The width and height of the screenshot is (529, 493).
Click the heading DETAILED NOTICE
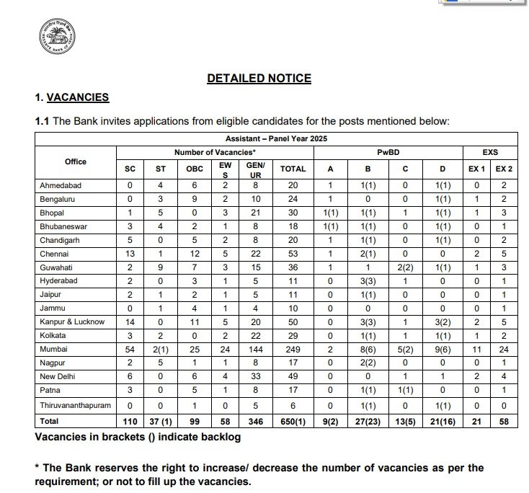[259, 79]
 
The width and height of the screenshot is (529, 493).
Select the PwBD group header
[388, 153]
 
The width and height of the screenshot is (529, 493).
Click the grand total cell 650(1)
[293, 420]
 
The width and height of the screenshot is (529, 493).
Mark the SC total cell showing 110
[129, 420]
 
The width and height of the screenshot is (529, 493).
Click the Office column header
[75, 161]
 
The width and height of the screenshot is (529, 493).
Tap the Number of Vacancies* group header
[215, 153]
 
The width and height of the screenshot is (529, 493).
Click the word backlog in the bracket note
[214, 438]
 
